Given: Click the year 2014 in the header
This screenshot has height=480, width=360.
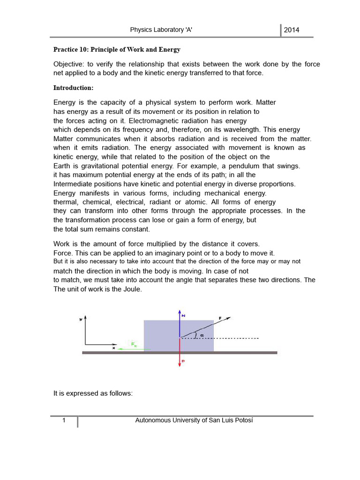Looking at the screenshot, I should click(292, 30).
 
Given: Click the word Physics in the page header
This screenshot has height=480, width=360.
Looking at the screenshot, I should click(142, 30).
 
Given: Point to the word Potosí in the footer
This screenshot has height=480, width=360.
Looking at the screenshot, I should click(242, 420).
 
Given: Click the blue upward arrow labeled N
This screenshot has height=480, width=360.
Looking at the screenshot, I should click(180, 323).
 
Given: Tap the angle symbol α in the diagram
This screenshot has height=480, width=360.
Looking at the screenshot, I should click(202, 335).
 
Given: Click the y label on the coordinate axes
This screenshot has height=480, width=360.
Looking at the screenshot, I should click(81, 319).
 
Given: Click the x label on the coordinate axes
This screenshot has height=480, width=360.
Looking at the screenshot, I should click(113, 348).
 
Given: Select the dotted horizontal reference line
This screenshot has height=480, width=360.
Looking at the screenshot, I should click(234, 338).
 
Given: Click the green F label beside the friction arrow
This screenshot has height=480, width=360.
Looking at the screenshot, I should click(134, 344).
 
